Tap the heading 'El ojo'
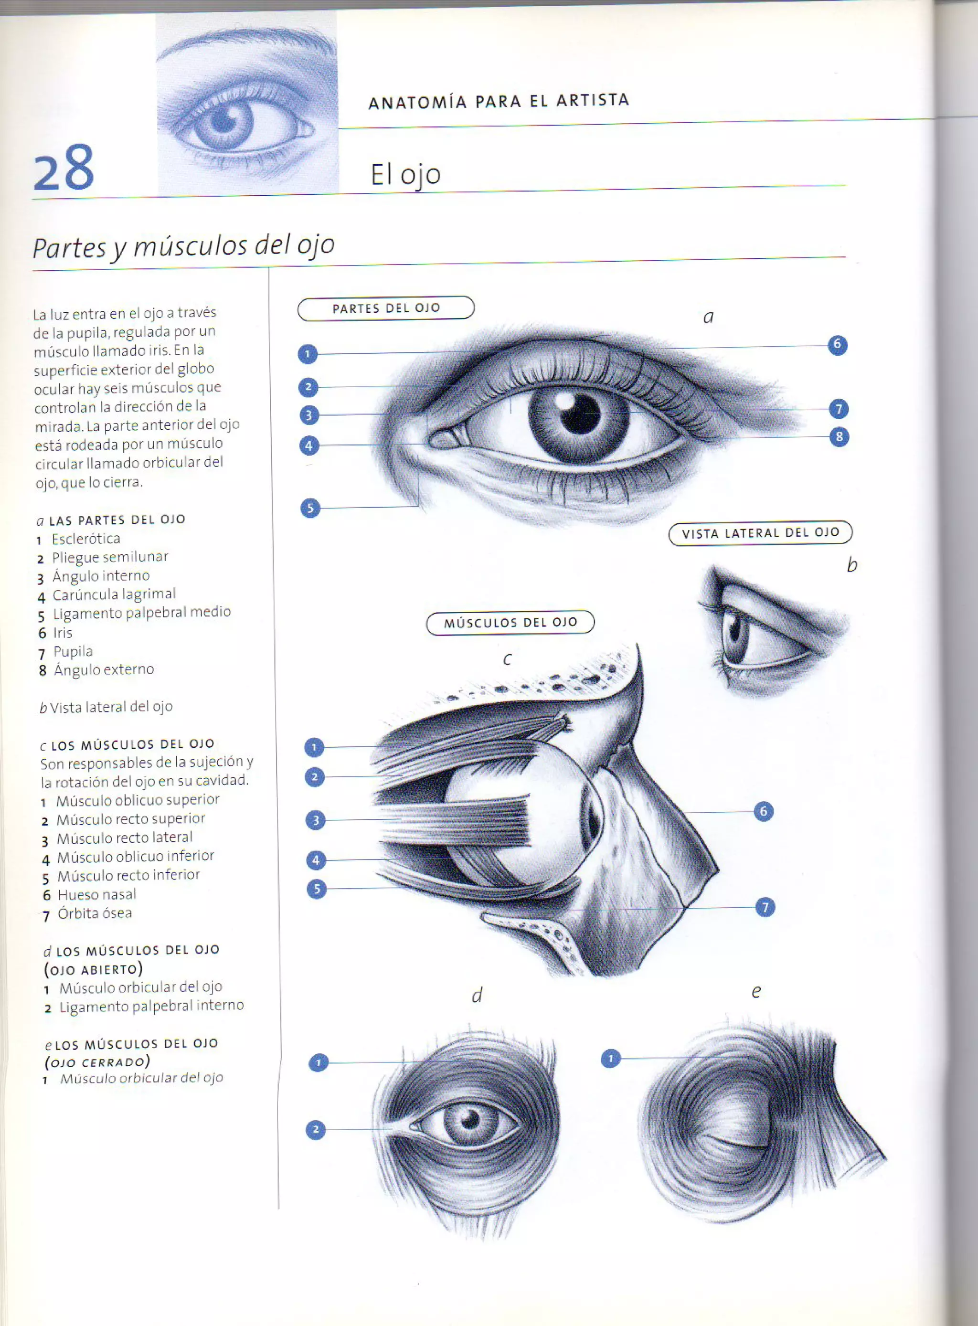click(x=405, y=174)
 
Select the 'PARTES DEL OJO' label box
click(x=386, y=308)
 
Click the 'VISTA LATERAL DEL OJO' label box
click(x=760, y=533)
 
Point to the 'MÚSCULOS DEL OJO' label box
click(x=510, y=623)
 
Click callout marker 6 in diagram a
click(x=837, y=345)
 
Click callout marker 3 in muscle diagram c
click(x=316, y=820)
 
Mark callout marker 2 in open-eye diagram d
click(x=316, y=1129)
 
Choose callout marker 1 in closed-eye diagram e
click(x=610, y=1058)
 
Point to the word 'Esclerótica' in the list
click(x=86, y=539)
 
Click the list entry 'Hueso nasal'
click(x=96, y=894)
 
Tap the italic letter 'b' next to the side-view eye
click(x=851, y=565)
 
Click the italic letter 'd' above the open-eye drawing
click(x=477, y=995)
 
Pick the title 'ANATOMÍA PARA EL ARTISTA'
click(x=499, y=101)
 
